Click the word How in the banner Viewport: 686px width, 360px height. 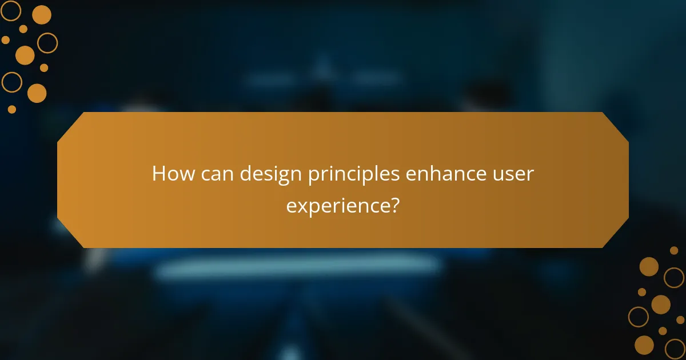pos(171,174)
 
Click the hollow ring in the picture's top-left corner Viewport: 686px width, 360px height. pos(10,10)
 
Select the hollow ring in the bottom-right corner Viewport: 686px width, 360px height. pos(675,348)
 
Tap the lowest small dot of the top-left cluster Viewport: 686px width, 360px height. pos(12,109)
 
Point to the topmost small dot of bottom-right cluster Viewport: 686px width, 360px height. pos(674,250)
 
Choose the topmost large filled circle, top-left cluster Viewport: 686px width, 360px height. pos(41,15)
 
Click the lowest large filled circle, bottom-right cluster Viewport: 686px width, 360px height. pos(644,345)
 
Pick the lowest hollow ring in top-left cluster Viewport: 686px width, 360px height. pos(11,82)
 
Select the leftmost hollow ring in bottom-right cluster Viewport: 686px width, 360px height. pos(639,317)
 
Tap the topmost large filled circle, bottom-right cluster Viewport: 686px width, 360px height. pos(649,266)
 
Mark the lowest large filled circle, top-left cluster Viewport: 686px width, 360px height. pos(37,93)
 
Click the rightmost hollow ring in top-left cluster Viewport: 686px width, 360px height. pos(47,42)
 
